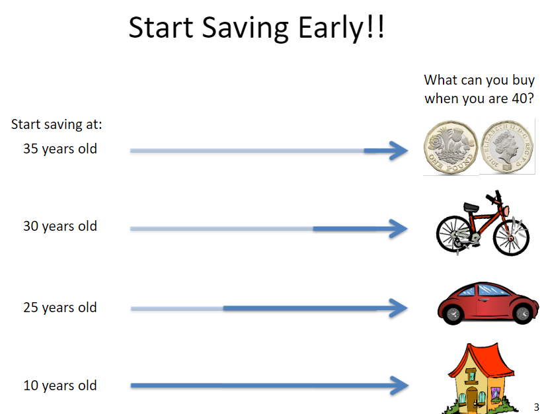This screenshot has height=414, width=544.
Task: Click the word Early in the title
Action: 331,28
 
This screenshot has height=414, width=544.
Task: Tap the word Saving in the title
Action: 245,28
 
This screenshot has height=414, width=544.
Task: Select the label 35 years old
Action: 60,149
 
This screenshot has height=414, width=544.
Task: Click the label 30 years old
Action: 60,226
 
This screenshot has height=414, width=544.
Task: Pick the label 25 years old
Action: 60,308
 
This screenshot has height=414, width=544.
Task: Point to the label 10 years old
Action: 60,386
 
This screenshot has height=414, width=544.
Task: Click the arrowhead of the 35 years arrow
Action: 399,151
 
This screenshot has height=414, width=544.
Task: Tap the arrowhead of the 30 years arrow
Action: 399,229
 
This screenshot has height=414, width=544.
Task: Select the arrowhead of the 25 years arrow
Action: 399,308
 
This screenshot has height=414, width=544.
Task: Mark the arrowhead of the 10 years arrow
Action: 399,385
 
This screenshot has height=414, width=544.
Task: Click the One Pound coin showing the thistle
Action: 451,147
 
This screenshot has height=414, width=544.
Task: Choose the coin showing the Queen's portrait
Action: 507,146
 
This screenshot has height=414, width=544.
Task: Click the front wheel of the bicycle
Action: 511,237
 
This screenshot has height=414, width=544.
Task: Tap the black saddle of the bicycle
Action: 471,207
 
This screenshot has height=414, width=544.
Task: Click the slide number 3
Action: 536,407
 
